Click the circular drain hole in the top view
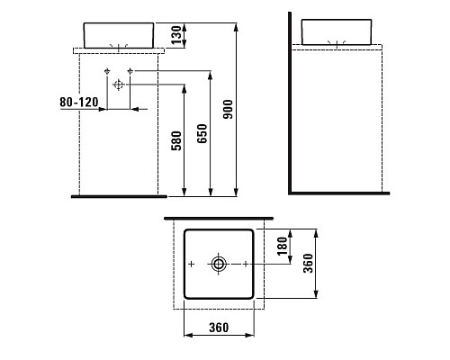click(219, 264)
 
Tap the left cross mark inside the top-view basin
click(192, 264)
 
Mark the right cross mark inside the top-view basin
click(246, 264)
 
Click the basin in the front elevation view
click(119, 34)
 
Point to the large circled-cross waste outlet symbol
click(118, 83)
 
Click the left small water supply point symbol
click(107, 70)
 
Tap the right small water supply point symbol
click(130, 70)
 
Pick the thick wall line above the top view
click(219, 219)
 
